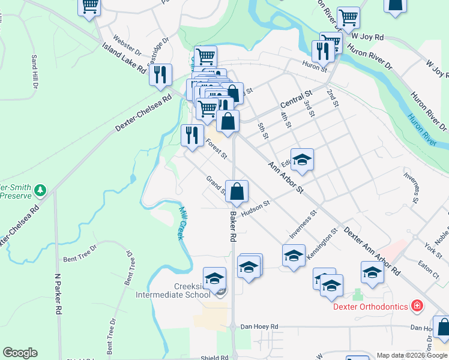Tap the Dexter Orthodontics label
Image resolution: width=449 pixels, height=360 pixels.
pyautogui.click(x=371, y=307)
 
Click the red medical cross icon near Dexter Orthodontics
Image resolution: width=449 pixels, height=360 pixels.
pyautogui.click(x=417, y=307)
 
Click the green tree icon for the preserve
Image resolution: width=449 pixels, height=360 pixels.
pyautogui.click(x=40, y=190)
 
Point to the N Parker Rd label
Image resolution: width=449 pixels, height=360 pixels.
pyautogui.click(x=59, y=295)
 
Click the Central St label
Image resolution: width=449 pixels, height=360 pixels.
pyautogui.click(x=296, y=101)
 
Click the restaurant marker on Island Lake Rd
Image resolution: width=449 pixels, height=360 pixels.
pyautogui.click(x=160, y=74)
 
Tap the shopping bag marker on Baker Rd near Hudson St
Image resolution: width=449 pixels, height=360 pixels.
pyautogui.click(x=237, y=191)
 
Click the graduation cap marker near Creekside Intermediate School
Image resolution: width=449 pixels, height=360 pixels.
pyautogui.click(x=214, y=278)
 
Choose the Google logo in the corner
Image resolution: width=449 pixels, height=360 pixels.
pyautogui.click(x=20, y=353)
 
